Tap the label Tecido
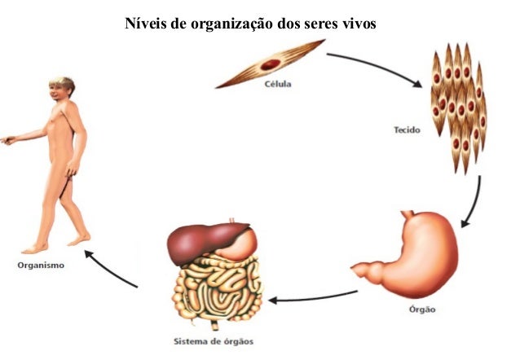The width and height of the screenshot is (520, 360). [408, 129]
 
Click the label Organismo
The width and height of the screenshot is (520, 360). [40, 265]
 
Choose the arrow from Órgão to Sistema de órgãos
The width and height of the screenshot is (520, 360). [313, 297]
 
